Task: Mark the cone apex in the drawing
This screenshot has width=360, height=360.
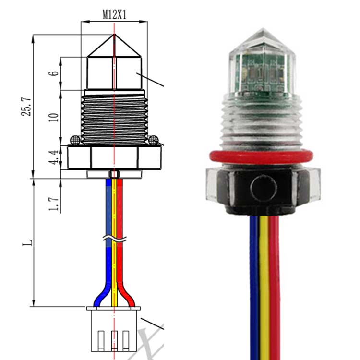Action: coord(114,35)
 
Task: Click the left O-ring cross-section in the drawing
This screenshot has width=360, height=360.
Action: coord(75,140)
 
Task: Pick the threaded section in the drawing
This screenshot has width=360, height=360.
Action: coord(114,118)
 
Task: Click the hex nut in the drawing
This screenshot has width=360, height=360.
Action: coord(114,157)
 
